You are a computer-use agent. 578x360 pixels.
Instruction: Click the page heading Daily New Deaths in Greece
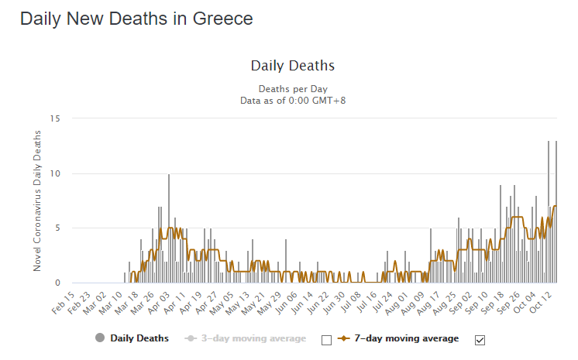[x=136, y=19]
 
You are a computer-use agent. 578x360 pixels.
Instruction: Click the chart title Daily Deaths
[x=293, y=66]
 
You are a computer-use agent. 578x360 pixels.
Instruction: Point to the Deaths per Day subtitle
[x=293, y=89]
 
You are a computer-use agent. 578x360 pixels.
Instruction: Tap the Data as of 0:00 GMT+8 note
[x=293, y=100]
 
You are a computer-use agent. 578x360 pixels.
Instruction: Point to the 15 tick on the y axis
[x=54, y=118]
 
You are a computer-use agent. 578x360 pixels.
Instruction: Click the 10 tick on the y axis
[x=54, y=173]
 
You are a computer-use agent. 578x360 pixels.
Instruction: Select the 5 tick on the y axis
[x=56, y=228]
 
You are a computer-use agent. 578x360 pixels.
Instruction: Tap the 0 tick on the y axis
[x=56, y=283]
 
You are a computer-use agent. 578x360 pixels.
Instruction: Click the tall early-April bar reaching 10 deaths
[x=169, y=229]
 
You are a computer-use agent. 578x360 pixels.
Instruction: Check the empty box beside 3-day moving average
[x=326, y=339]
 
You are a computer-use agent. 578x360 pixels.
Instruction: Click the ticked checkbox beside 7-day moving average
[x=480, y=339]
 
